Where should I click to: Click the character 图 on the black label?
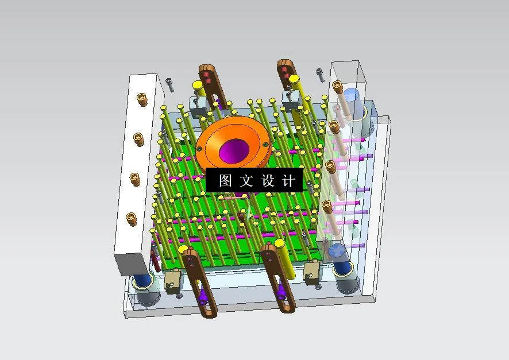[x=225, y=181]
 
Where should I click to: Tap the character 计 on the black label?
[x=289, y=181]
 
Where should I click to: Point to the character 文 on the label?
[x=246, y=181]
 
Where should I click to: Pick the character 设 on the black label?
[x=268, y=181]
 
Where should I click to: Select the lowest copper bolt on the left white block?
[x=132, y=219]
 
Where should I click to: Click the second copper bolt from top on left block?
[x=138, y=138]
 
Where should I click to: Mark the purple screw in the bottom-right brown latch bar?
[x=282, y=295]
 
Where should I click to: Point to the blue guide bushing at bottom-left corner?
[x=143, y=281]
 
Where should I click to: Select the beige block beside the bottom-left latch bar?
[x=172, y=280]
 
